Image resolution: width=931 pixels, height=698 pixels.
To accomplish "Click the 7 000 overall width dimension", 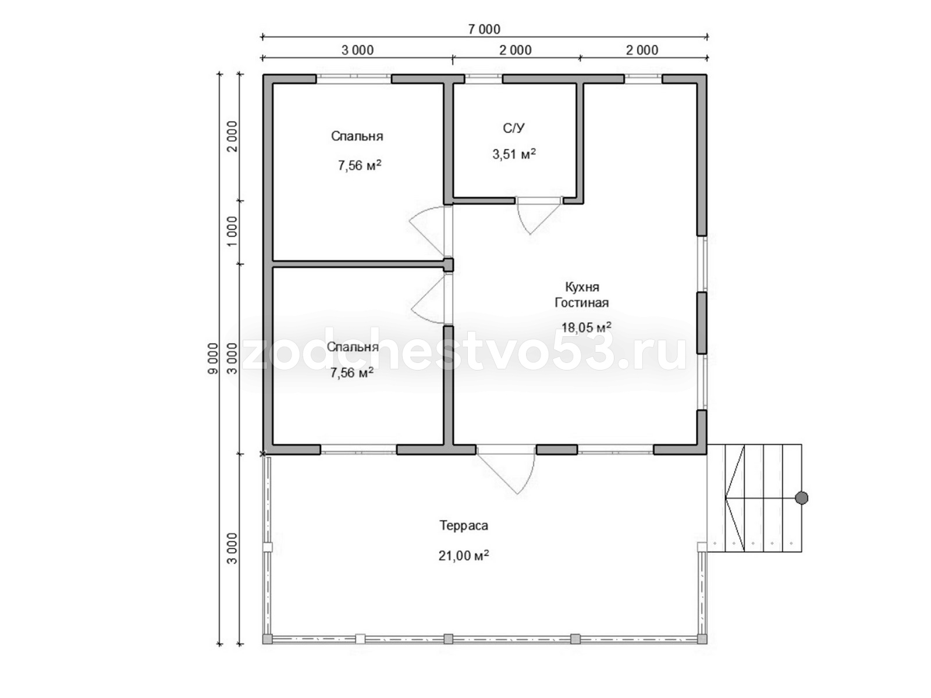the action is pyautogui.click(x=484, y=29).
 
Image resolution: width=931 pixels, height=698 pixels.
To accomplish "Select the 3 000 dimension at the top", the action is pyautogui.click(x=357, y=51).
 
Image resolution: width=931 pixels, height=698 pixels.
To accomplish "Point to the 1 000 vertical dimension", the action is pyautogui.click(x=232, y=232).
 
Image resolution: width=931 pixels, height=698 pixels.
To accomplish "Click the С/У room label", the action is pyautogui.click(x=514, y=128).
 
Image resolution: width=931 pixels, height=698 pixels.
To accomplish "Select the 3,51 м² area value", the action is pyautogui.click(x=514, y=154).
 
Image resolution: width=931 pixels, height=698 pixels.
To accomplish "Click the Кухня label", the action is pyautogui.click(x=582, y=287).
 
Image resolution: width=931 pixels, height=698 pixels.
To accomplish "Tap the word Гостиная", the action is pyautogui.click(x=581, y=302).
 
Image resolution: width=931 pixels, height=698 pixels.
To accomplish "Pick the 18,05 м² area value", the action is pyautogui.click(x=587, y=327).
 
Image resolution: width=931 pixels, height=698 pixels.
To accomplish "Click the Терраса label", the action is pyautogui.click(x=464, y=525).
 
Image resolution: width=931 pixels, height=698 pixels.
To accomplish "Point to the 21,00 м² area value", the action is pyautogui.click(x=464, y=555).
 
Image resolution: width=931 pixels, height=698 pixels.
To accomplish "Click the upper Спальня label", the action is pyautogui.click(x=357, y=136).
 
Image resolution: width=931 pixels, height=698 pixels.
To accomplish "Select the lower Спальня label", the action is pyautogui.click(x=353, y=347).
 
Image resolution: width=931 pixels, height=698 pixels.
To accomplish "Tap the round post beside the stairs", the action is pyautogui.click(x=801, y=498).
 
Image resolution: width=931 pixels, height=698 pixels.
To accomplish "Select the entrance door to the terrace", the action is pyautogui.click(x=506, y=471).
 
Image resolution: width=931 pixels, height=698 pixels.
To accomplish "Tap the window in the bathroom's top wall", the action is pyautogui.click(x=484, y=79).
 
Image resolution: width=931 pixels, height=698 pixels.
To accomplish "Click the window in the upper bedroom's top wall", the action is pyautogui.click(x=353, y=79).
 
